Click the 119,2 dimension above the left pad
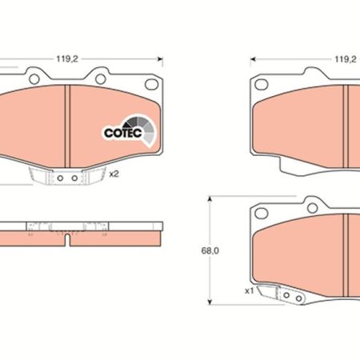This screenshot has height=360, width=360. tap(67, 59)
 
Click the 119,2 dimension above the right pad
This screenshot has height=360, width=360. tap(346, 59)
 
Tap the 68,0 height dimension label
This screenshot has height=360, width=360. tap(210, 251)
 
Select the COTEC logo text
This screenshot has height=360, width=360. tap(123, 133)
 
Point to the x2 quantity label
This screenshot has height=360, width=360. tap(114, 174)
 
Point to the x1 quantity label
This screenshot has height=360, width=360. tap(250, 291)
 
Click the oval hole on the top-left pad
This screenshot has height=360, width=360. tap(151, 84)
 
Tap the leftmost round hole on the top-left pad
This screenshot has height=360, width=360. tap(34, 79)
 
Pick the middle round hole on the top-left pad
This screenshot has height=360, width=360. tap(101, 79)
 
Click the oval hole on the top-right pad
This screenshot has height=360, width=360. tap(262, 85)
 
